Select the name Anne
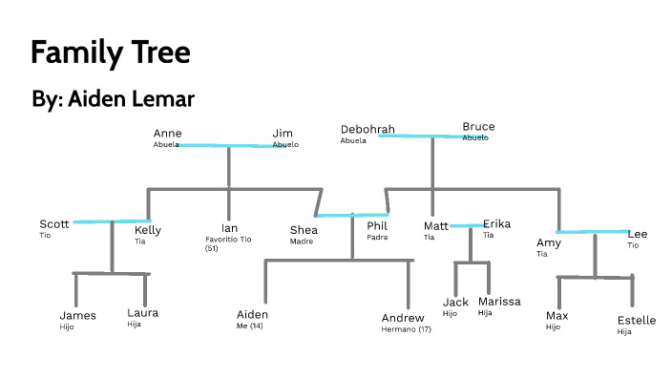pyautogui.click(x=167, y=134)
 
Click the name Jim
pyautogui.click(x=282, y=134)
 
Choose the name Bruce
pyautogui.click(x=478, y=127)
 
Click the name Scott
pyautogui.click(x=53, y=224)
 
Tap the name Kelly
pyautogui.click(x=148, y=230)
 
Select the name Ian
pyautogui.click(x=228, y=228)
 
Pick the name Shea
pyautogui.click(x=304, y=229)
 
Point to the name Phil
pyautogui.click(x=377, y=226)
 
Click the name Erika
pyautogui.click(x=496, y=224)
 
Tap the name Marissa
pyautogui.click(x=499, y=302)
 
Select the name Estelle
pyautogui.click(x=636, y=321)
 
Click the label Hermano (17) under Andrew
pyautogui.click(x=406, y=328)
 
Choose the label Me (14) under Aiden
pyautogui.click(x=249, y=326)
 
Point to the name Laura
pyautogui.click(x=142, y=313)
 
